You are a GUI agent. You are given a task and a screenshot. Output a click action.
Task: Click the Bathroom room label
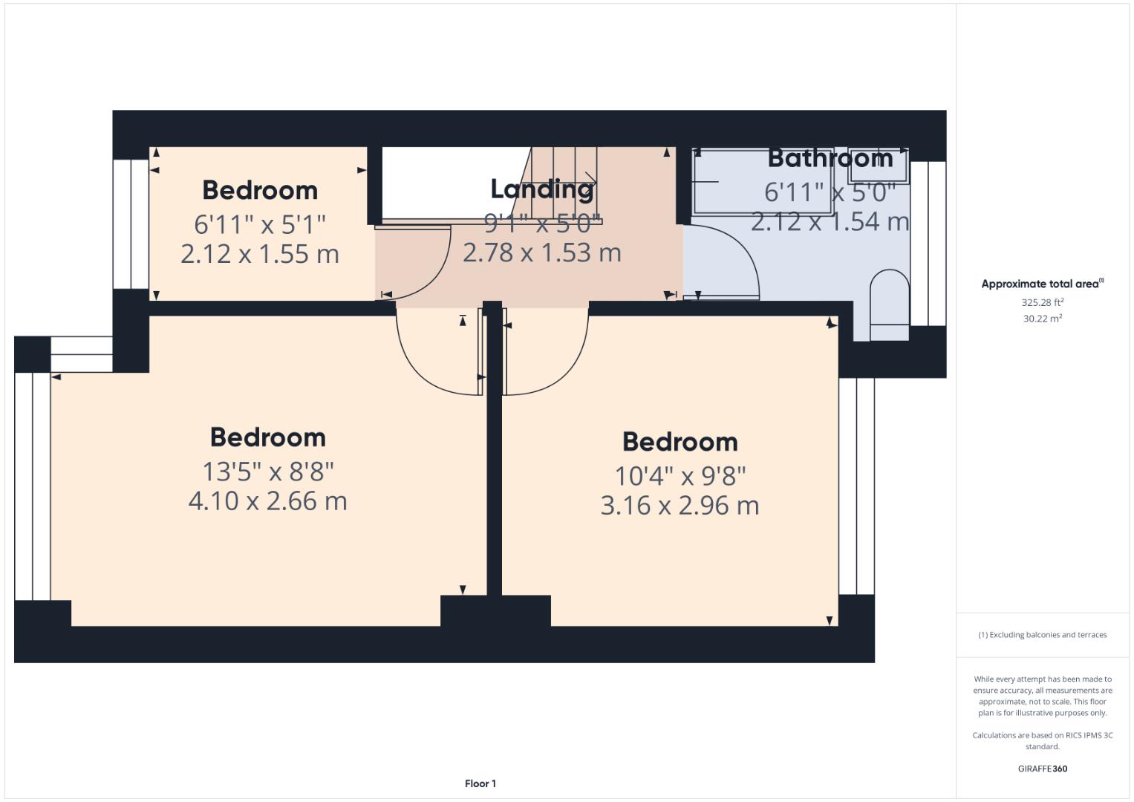(x=830, y=158)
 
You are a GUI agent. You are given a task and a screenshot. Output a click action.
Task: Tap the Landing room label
(x=542, y=189)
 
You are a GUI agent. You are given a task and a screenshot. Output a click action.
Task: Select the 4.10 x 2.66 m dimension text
(x=267, y=501)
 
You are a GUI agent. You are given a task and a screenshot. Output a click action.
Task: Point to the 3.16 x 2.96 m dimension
(x=680, y=506)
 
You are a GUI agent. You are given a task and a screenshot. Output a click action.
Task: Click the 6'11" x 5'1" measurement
(x=260, y=224)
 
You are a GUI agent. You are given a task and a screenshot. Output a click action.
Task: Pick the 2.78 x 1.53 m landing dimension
(x=542, y=252)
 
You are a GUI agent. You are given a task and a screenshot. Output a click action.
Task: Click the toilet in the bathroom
(x=889, y=304)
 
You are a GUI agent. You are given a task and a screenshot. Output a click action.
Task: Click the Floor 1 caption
(x=480, y=783)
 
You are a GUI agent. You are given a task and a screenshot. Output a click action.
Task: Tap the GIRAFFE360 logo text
(x=1042, y=769)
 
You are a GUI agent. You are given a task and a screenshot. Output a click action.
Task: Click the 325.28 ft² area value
(x=1042, y=302)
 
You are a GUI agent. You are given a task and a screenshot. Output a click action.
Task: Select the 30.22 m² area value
(x=1042, y=319)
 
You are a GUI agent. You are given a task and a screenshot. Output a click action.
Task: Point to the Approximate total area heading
(x=1041, y=284)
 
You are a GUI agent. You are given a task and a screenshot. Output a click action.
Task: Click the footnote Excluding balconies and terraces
(x=1042, y=635)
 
